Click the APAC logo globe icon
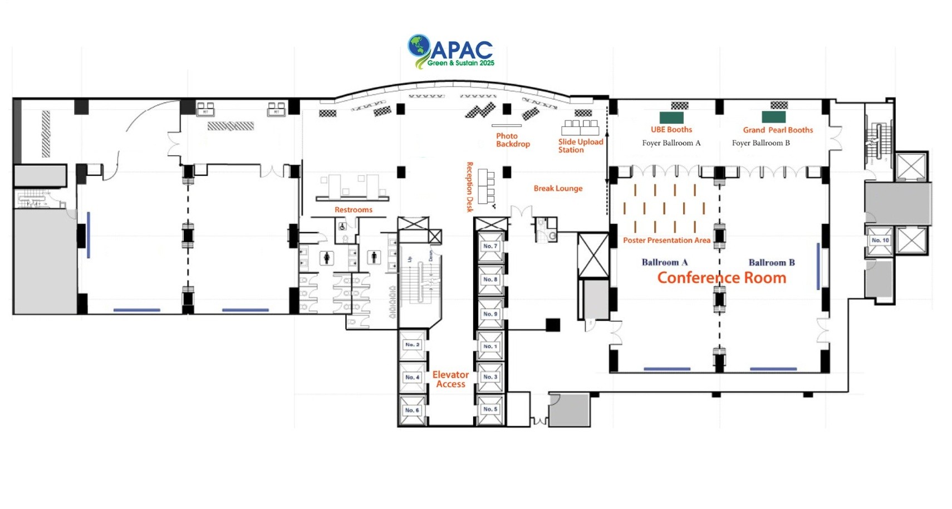point(419,46)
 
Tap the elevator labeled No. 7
point(490,246)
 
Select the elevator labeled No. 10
point(880,241)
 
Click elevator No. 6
point(412,410)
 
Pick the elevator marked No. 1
point(490,346)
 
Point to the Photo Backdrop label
point(512,140)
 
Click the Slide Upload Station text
point(580,146)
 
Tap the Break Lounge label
point(558,188)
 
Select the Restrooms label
point(353,210)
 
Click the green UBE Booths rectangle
point(671,118)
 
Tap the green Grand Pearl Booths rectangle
point(773,117)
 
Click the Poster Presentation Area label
point(666,241)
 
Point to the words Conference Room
point(722,277)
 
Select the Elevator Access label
point(450,379)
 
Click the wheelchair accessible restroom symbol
point(342,227)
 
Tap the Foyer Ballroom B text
point(760,143)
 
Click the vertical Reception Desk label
point(469,187)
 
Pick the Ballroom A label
point(664,262)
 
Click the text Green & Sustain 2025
point(460,63)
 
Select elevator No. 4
point(412,378)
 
